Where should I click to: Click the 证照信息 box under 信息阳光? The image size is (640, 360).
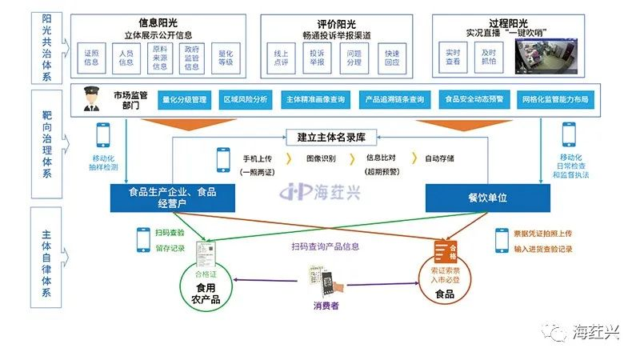(91, 57)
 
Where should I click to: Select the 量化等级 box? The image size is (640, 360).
(226, 57)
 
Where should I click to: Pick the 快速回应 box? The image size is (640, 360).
(391, 57)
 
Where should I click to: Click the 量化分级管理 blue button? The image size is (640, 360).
(184, 100)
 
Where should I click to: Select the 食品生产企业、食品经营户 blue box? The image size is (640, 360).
(173, 197)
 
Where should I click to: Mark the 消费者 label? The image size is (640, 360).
(326, 306)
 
